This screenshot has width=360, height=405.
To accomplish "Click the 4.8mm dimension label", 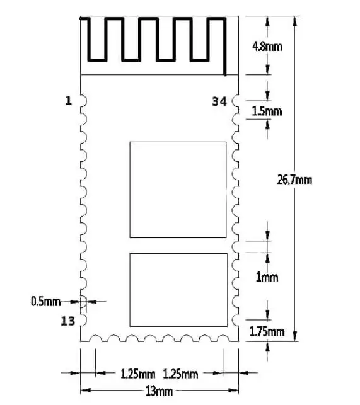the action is pyautogui.click(x=267, y=47).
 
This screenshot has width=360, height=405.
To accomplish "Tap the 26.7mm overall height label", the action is pyautogui.click(x=294, y=180).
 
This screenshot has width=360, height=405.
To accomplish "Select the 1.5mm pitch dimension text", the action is pyautogui.click(x=267, y=111).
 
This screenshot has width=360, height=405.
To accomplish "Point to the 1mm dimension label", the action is pyautogui.click(x=267, y=277).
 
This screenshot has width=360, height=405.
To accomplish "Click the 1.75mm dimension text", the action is pyautogui.click(x=267, y=331).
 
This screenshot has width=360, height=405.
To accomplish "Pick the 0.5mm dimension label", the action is pyautogui.click(x=45, y=302).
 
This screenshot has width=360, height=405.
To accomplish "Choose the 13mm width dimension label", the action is pyautogui.click(x=159, y=391).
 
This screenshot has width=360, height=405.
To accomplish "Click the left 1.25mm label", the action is pyautogui.click(x=138, y=374).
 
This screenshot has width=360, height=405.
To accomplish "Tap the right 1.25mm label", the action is pyautogui.click(x=180, y=374).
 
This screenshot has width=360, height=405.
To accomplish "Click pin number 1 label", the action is pyautogui.click(x=68, y=101).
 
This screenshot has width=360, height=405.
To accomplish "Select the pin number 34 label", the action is pyautogui.click(x=219, y=101).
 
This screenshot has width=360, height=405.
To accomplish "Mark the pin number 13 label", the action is pyautogui.click(x=67, y=321).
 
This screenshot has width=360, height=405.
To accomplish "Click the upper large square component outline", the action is pyautogui.click(x=130, y=190).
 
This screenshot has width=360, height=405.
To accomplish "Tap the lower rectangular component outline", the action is pyautogui.click(x=130, y=290).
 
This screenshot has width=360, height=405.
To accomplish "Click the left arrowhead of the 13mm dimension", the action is pyautogui.click(x=85, y=390).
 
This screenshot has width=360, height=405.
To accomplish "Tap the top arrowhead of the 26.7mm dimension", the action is pyautogui.click(x=295, y=21).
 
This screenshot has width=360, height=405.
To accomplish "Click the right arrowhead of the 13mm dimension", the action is pyautogui.click(x=233, y=390).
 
